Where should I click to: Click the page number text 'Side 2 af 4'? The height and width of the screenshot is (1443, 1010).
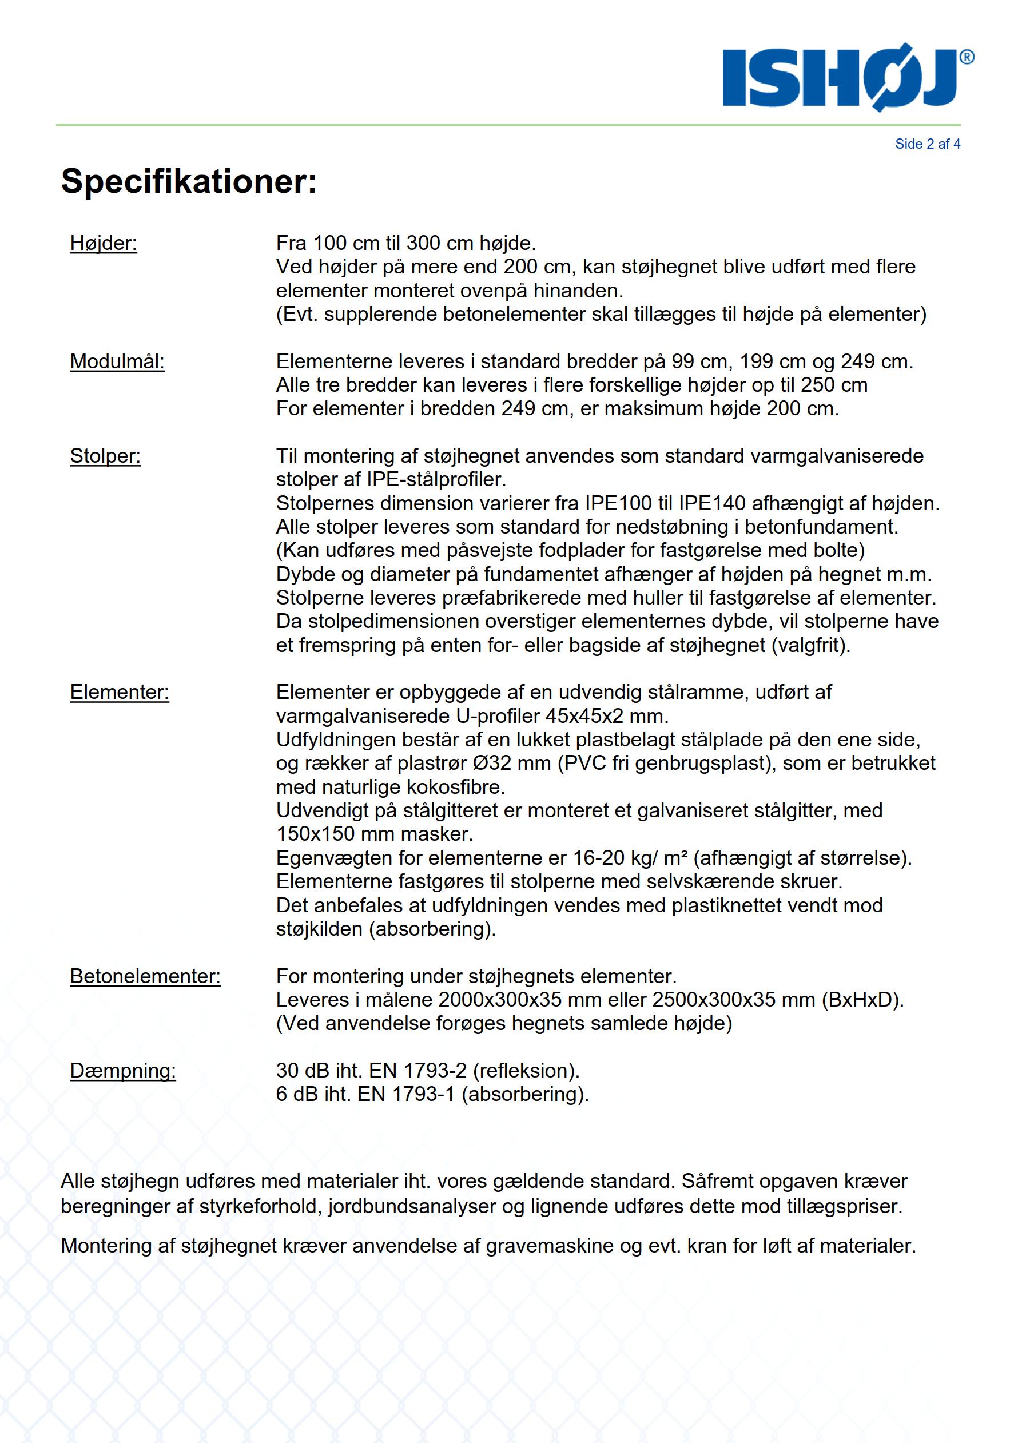[927, 144]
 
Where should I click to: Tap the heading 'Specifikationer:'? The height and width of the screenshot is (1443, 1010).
[189, 182]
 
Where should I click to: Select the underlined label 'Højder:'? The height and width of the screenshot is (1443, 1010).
[103, 243]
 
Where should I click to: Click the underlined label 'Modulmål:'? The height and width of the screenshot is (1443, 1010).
[117, 361]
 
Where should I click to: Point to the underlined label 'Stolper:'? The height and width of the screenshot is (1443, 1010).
[105, 456]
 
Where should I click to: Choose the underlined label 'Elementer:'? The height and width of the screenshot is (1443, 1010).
[120, 692]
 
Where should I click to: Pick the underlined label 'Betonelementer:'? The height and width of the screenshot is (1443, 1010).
[145, 976]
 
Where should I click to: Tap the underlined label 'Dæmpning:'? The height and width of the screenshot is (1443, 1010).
[122, 1070]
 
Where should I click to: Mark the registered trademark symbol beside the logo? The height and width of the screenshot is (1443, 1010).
[967, 57]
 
